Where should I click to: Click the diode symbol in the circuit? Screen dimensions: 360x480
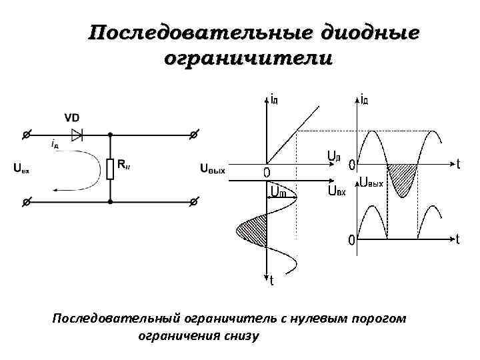77,135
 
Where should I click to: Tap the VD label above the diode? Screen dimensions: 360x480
72,118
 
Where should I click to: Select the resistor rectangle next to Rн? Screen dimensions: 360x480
110,169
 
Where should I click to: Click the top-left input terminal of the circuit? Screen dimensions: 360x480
25,135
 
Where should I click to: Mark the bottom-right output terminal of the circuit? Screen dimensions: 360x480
193,201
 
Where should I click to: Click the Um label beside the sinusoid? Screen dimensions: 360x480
278,193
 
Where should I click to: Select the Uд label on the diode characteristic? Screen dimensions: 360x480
334,157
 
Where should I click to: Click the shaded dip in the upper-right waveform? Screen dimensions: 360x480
402,177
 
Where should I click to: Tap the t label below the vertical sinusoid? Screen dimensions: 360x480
272,281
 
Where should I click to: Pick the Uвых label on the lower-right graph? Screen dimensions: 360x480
372,182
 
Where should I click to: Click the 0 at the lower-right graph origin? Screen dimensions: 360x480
349,240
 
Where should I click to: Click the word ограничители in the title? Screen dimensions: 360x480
247,59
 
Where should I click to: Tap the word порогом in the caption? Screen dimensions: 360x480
378,319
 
